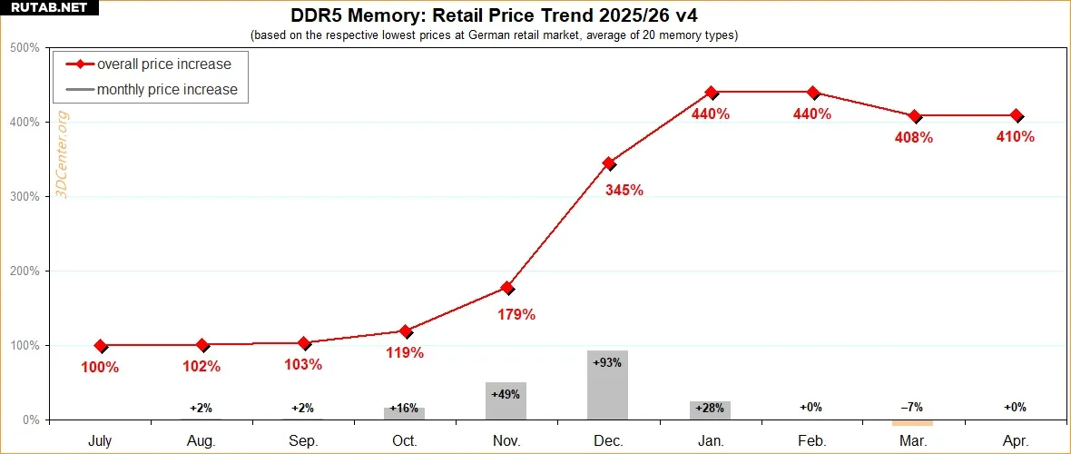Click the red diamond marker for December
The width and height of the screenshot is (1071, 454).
(609, 163)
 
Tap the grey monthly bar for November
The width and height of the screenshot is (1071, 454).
(506, 401)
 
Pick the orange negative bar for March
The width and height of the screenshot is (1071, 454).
(913, 422)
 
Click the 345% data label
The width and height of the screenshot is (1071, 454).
(624, 191)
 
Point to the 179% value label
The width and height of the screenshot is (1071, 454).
(516, 315)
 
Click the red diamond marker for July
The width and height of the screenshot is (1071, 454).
(100, 346)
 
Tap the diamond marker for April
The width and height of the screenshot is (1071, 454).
(1017, 116)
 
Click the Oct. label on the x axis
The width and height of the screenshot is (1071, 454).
(405, 440)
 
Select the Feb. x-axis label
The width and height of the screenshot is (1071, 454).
(811, 440)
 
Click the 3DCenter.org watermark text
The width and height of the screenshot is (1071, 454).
(64, 156)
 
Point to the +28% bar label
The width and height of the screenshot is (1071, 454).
(710, 409)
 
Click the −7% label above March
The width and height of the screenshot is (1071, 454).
(913, 408)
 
